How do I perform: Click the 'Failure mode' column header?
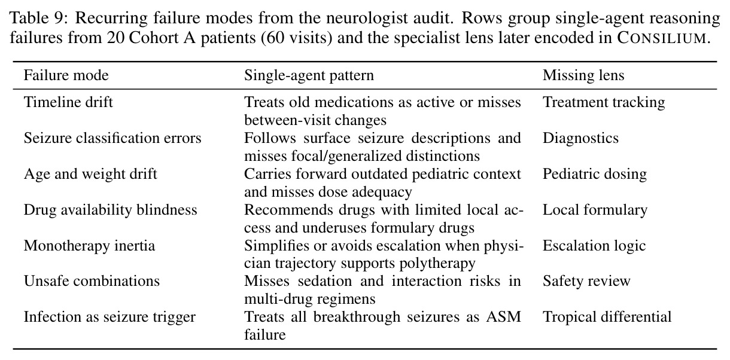click(x=66, y=75)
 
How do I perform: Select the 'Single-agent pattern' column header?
click(x=309, y=75)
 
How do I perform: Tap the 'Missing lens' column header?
click(x=583, y=75)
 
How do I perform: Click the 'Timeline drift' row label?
click(x=68, y=102)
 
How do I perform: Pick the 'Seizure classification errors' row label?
click(x=112, y=138)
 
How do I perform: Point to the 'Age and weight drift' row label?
click(x=90, y=174)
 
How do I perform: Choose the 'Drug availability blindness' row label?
click(x=111, y=210)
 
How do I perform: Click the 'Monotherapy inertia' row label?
click(x=89, y=246)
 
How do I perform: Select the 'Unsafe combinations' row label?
click(x=92, y=281)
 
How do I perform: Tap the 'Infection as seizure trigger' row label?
click(x=109, y=317)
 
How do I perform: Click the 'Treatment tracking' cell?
click(x=604, y=102)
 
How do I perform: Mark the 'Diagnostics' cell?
click(x=580, y=138)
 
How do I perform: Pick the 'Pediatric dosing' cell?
click(x=595, y=174)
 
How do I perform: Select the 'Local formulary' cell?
click(x=595, y=210)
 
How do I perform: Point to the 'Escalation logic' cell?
click(x=594, y=246)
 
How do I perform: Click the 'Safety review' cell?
click(x=586, y=281)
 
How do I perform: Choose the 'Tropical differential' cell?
click(x=607, y=317)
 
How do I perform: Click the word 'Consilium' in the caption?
click(x=662, y=38)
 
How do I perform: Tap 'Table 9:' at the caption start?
click(x=38, y=18)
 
